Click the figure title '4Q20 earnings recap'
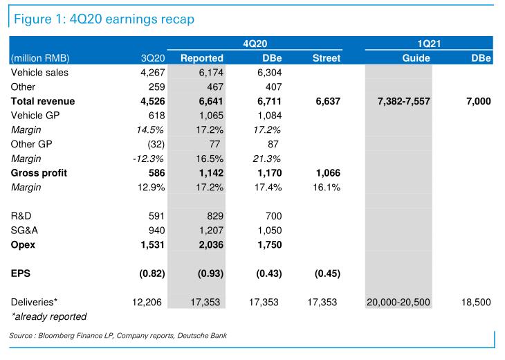(102, 19)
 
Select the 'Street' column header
(327, 58)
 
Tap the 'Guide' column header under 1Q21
(416, 58)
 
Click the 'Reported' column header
(201, 58)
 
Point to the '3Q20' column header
(150, 58)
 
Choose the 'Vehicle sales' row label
(39, 72)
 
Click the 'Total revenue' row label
(43, 101)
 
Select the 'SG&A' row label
(25, 231)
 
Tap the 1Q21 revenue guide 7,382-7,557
(404, 101)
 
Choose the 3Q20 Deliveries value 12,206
(147, 303)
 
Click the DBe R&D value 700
(273, 216)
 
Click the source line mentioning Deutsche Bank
(118, 336)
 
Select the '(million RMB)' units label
(40, 58)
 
